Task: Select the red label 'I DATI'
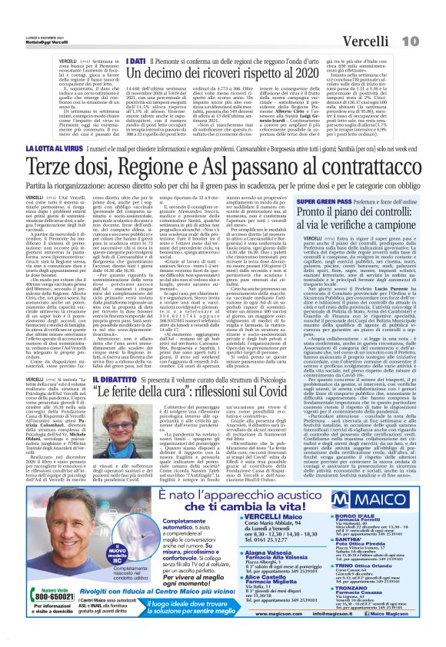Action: coord(137,58)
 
